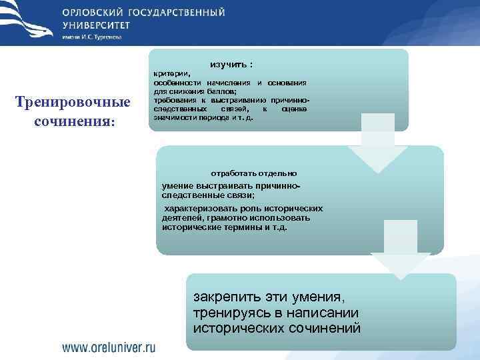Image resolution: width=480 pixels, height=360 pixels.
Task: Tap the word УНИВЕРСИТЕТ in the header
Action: [97, 25]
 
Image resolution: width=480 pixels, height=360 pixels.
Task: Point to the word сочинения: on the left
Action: [75, 123]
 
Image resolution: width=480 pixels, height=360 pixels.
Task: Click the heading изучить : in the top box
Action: [231, 65]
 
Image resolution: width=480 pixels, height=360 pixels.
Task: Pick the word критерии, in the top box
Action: [171, 74]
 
